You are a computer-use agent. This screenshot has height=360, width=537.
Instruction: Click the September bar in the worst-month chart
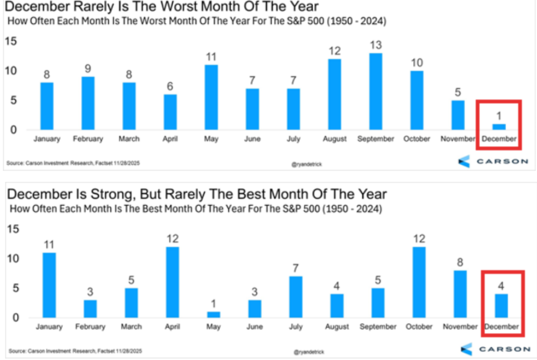pyautogui.click(x=376, y=91)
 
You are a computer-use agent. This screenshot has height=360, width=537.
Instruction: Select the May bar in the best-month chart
pyautogui.click(x=213, y=314)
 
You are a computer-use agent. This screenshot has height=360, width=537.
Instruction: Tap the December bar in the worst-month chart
pyautogui.click(x=499, y=127)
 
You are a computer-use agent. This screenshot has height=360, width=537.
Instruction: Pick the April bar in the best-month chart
pyautogui.click(x=172, y=282)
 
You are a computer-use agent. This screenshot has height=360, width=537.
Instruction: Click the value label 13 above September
pyautogui.click(x=376, y=45)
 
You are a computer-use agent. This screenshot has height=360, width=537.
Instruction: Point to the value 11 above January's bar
pyautogui.click(x=49, y=245)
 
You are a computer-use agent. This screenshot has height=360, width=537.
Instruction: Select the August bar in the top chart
pyautogui.click(x=334, y=94)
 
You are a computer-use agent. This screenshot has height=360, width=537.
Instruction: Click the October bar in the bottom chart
pyautogui.click(x=419, y=282)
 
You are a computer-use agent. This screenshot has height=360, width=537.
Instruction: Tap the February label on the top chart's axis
pyautogui.click(x=88, y=139)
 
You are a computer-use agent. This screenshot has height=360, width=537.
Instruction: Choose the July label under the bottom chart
pyautogui.click(x=295, y=327)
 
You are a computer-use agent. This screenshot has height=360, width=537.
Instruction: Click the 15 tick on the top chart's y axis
pyautogui.click(x=11, y=41)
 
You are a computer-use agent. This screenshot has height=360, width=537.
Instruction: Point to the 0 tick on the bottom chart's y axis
pyautogui.click(x=16, y=317)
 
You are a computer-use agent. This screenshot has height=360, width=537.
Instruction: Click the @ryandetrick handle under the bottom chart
pyautogui.click(x=309, y=352)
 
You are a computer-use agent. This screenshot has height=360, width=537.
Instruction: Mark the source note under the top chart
pyautogui.click(x=73, y=163)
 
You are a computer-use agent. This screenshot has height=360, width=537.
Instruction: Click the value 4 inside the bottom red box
pyautogui.click(x=501, y=286)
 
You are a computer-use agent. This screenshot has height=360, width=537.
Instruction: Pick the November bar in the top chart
pyautogui.click(x=458, y=115)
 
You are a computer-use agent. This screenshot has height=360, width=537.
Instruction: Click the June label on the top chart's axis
pyautogui.click(x=252, y=139)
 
